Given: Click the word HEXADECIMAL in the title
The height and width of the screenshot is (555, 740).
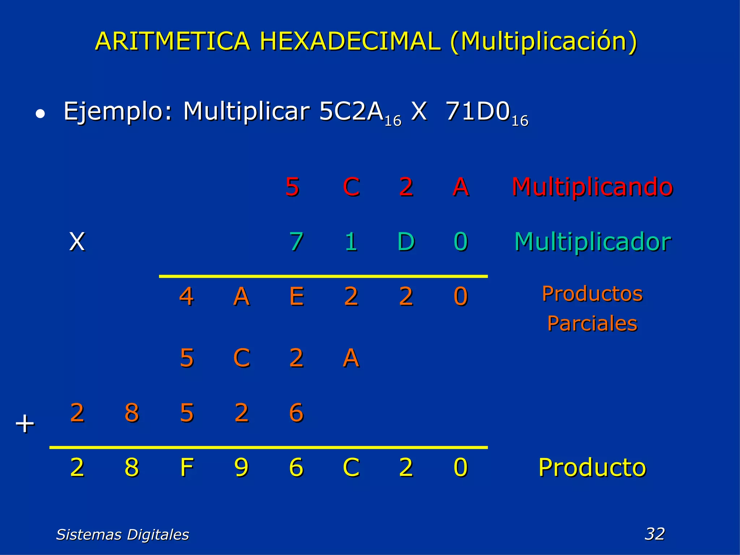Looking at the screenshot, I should click(350, 41).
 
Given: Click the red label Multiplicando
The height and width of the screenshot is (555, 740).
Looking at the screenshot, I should click(592, 187).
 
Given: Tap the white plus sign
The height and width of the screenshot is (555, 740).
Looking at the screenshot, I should click(25, 423).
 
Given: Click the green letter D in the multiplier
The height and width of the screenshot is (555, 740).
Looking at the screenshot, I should click(406, 241).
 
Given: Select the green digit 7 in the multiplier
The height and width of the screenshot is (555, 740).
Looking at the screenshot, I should click(296, 241).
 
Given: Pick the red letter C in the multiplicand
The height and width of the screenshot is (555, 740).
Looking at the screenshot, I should click(351, 187).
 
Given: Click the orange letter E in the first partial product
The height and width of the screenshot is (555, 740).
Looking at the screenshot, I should click(296, 296).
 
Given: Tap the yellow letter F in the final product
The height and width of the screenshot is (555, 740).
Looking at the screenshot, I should click(187, 467).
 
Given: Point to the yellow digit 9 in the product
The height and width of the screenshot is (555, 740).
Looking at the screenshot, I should click(241, 467).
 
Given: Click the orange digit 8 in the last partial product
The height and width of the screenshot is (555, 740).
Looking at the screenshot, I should click(132, 412).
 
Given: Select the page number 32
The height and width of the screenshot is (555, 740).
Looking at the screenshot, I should click(655, 534).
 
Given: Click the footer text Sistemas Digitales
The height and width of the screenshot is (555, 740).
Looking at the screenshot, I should click(122, 534).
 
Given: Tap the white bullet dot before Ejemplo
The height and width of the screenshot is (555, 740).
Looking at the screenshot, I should click(40, 114).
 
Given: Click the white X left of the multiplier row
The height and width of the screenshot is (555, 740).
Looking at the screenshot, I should click(77, 241).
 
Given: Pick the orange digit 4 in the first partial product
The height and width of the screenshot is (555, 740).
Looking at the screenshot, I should click(187, 296).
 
